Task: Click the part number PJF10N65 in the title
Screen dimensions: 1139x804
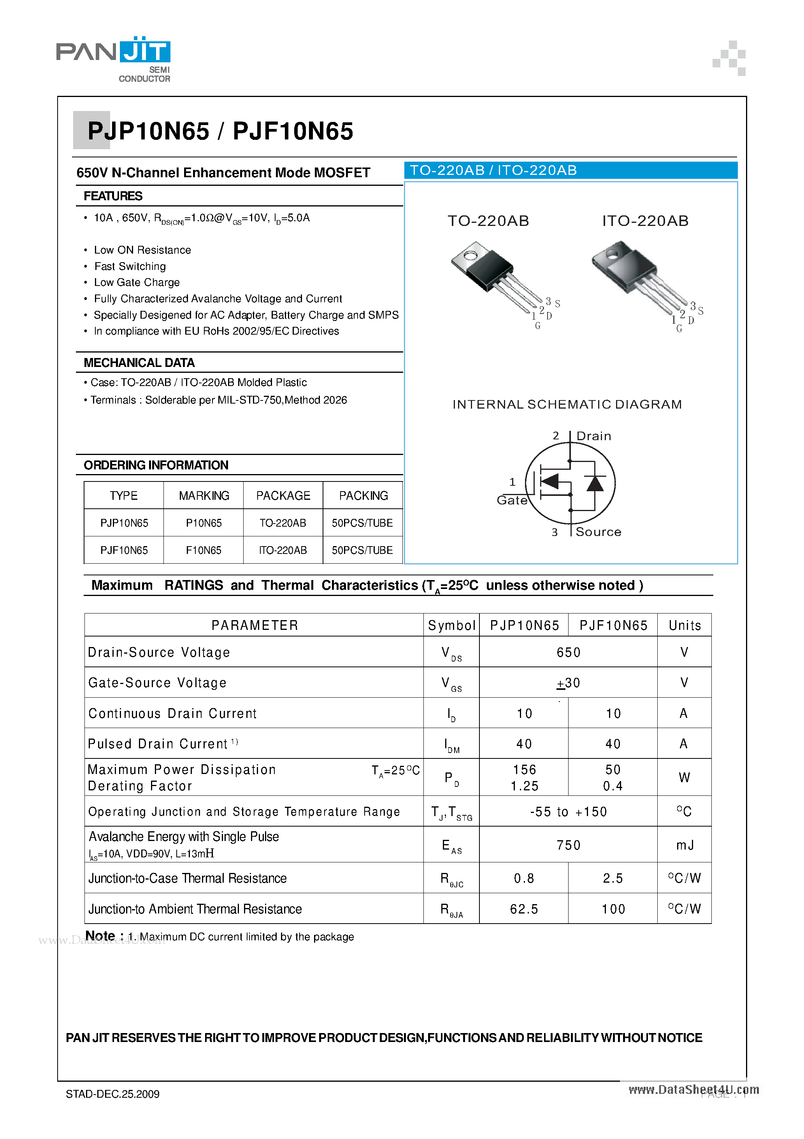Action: tap(293, 131)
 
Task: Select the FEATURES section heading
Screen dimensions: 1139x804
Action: tap(113, 196)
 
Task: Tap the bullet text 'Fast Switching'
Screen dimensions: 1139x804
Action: tap(130, 266)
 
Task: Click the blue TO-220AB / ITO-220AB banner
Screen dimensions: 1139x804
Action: tap(570, 170)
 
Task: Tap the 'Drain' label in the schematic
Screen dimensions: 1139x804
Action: tap(593, 436)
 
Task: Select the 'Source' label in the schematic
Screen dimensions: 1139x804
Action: tap(598, 532)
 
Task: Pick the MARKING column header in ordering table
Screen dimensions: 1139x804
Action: tap(204, 495)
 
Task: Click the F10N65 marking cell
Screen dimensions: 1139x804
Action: tap(204, 550)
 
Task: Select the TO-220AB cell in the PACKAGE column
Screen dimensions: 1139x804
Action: tap(283, 523)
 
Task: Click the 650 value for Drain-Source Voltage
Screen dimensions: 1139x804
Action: tap(568, 652)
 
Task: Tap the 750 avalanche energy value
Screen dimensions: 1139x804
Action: tap(568, 845)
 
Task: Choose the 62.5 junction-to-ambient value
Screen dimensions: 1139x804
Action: tap(524, 909)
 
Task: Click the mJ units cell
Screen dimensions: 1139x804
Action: tap(685, 845)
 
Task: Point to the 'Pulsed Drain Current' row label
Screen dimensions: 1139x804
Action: tap(158, 744)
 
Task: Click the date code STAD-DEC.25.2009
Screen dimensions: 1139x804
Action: tap(112, 1094)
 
